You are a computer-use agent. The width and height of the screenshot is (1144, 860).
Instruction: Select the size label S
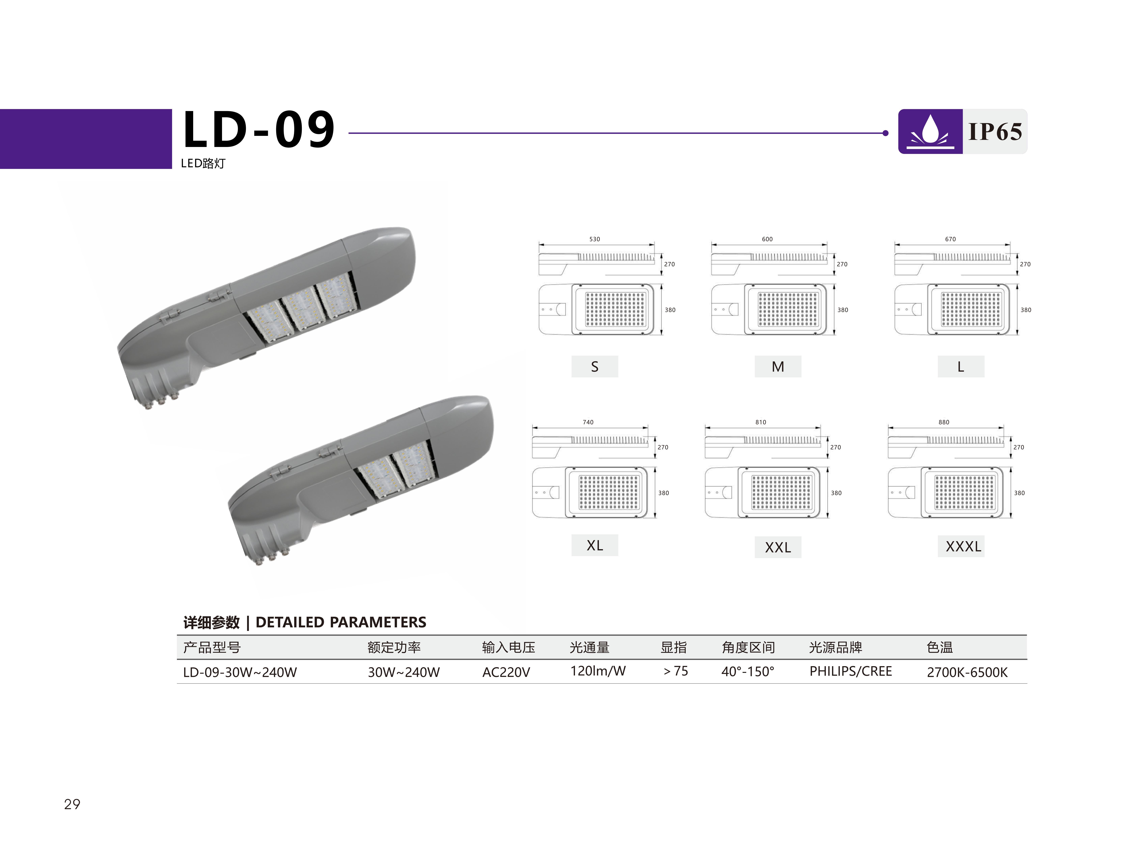coord(595,366)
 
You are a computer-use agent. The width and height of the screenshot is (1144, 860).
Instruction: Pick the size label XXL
coord(778,547)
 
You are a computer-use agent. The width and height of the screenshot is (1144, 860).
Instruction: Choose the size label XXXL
coord(963,546)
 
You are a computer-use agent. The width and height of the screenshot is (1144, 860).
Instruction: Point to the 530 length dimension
coord(595,239)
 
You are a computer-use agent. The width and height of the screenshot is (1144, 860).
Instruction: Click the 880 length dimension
coord(944,422)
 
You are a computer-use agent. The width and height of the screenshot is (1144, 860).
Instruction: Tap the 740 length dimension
coord(588,422)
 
